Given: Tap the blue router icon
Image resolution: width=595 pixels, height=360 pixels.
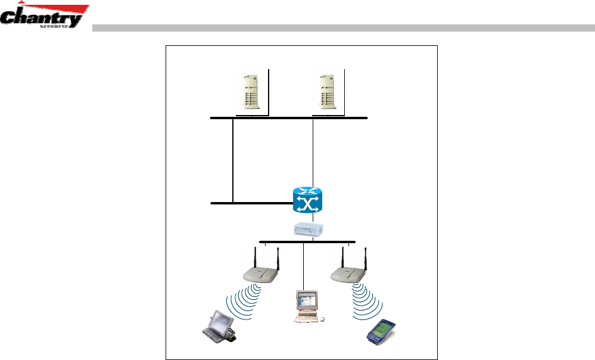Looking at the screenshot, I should click(x=307, y=199).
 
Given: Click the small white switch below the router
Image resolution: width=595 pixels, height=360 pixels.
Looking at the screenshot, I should click(x=309, y=229).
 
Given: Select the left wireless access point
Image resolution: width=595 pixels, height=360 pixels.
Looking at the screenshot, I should click(x=262, y=273).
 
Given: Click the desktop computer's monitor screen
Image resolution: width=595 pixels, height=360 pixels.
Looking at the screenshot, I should click(x=307, y=301).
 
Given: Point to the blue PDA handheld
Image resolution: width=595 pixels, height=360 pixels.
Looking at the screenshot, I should click(x=381, y=332).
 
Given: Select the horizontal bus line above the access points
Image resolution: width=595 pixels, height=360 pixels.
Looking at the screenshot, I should click(x=307, y=242).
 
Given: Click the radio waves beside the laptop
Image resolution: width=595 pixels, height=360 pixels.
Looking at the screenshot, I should click(x=245, y=301).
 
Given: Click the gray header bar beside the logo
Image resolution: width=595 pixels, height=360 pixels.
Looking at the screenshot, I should click(x=342, y=27).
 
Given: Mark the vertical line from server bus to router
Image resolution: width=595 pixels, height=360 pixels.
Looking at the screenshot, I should click(x=313, y=152).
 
